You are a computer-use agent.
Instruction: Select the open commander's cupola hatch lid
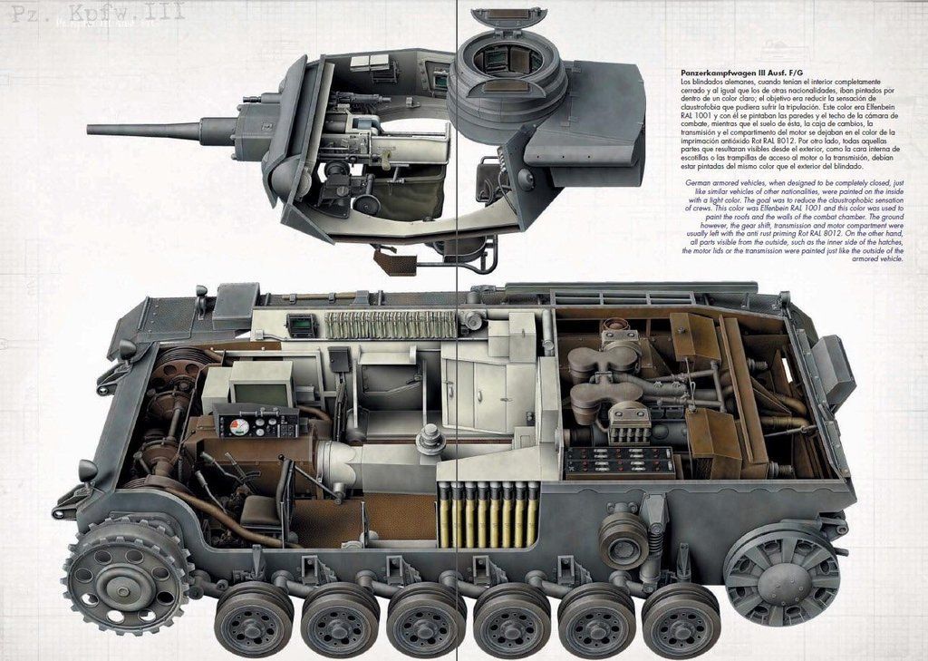click(x=509, y=18)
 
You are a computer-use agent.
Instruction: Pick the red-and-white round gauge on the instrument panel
click(x=239, y=426)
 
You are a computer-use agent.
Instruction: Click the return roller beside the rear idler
click(x=623, y=540)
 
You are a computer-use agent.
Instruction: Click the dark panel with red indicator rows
click(x=620, y=462)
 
